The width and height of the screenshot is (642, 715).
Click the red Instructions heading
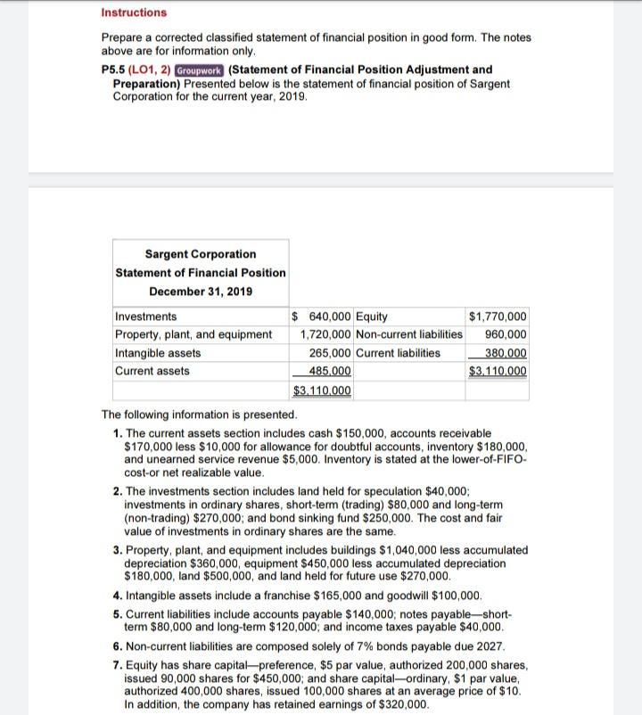click(x=134, y=12)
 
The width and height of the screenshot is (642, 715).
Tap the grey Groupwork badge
click(x=200, y=70)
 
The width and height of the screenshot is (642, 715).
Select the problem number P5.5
click(x=116, y=70)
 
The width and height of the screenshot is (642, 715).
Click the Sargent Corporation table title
click(x=201, y=254)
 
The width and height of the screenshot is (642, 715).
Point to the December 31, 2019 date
click(x=201, y=292)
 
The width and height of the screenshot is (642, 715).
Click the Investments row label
click(x=146, y=316)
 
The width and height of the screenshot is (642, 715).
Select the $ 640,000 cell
click(x=322, y=316)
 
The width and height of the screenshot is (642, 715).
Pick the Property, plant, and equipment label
click(x=193, y=334)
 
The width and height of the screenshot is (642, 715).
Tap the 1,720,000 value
click(x=325, y=334)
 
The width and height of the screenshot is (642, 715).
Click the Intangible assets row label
click(x=158, y=353)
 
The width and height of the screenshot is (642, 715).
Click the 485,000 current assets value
click(x=329, y=371)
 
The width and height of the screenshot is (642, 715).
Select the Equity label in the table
click(x=372, y=316)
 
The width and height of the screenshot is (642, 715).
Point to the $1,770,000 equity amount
click(x=497, y=316)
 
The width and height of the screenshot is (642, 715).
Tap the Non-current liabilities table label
click(x=408, y=334)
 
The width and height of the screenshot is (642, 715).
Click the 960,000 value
click(x=505, y=334)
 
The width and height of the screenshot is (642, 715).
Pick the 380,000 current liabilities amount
click(x=505, y=353)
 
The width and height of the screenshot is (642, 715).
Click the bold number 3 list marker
click(x=118, y=550)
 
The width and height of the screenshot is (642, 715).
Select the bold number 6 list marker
click(x=118, y=645)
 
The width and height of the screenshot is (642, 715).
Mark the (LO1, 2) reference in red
click(x=152, y=70)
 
